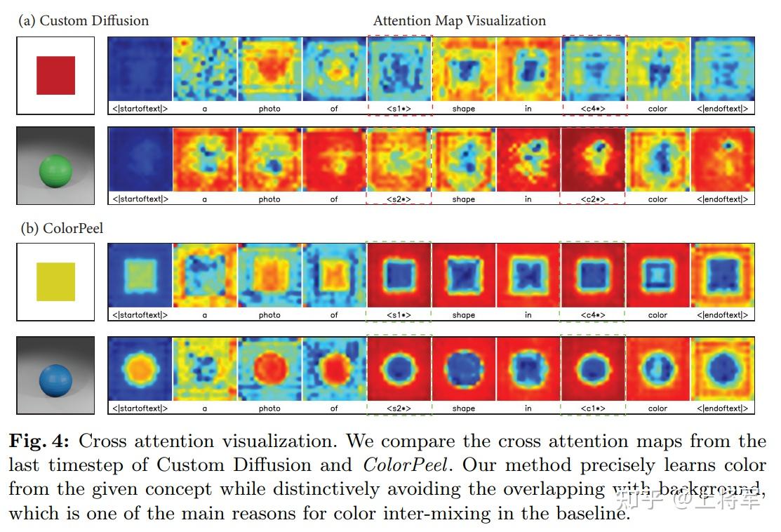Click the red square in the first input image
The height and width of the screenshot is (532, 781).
point(55,75)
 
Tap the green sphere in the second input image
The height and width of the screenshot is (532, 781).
point(55,170)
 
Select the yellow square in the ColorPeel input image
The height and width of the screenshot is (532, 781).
point(55,281)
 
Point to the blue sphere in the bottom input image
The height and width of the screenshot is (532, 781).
point(55,378)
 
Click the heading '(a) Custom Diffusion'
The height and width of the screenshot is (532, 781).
point(84,20)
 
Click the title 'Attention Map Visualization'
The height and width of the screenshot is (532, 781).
point(459,20)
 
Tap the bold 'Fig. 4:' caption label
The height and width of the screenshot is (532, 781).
point(40,441)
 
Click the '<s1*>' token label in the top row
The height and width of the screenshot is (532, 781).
point(399,109)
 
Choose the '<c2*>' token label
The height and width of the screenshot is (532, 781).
point(592,199)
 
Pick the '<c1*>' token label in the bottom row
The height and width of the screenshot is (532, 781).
point(592,408)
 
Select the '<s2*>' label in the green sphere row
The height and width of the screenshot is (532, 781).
point(399,199)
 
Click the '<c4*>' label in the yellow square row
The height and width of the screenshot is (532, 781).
point(592,315)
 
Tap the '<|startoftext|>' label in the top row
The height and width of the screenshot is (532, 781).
point(140,109)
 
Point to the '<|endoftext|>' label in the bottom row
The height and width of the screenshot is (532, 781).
point(722,408)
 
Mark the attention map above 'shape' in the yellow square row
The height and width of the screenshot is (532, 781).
point(463,275)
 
